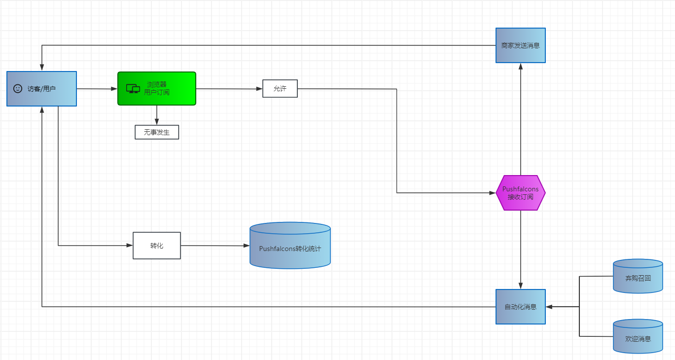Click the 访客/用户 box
coord(41,89)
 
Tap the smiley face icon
coord(18,89)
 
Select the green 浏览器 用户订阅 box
coord(157,88)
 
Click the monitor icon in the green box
coord(133,89)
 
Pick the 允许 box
coord(280,89)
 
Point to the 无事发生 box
coord(157,132)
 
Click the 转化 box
coord(157,246)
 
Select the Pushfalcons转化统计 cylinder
coord(290,246)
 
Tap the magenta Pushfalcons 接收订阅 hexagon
coord(520,193)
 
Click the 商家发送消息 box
coord(520,45)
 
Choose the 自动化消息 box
coord(520,307)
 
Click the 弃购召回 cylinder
coord(638,276)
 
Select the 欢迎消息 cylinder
coord(638,336)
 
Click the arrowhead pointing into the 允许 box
coord(259,89)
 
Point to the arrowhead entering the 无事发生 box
coord(157,121)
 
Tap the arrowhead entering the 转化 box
coord(130,246)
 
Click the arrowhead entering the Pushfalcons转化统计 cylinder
coord(246,246)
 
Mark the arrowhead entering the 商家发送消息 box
coord(520,67)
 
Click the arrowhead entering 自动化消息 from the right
coord(549,307)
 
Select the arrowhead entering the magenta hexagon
coord(493,193)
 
